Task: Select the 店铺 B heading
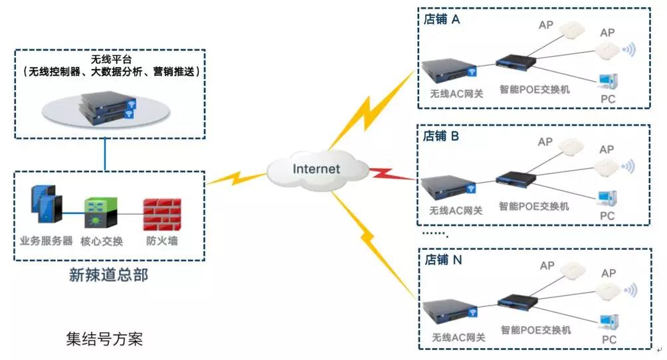(441, 135)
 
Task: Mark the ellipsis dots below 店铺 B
(436, 234)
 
